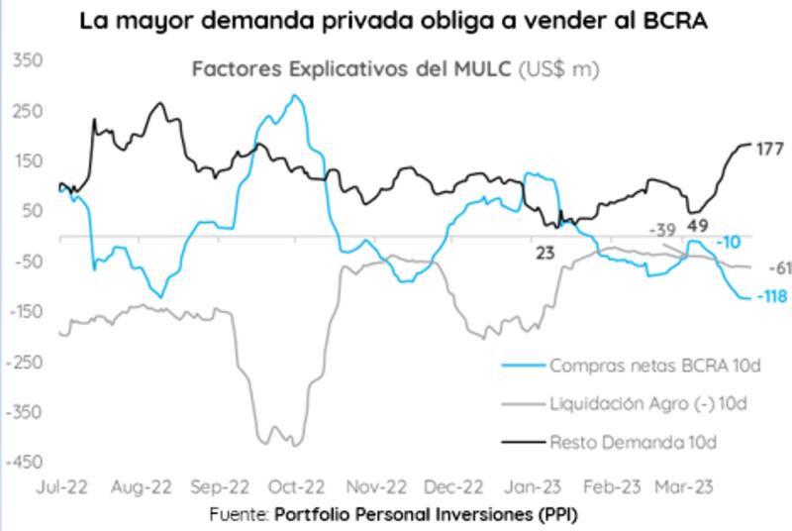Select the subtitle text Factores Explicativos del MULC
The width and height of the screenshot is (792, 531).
(350, 69)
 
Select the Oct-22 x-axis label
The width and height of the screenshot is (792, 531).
(296, 487)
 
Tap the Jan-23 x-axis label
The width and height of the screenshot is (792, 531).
(535, 487)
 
